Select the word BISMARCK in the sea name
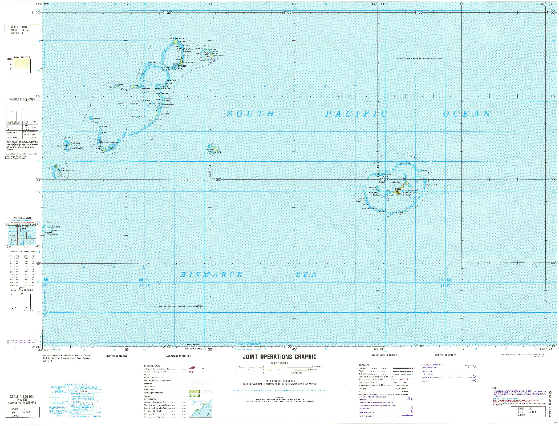pos(212,275)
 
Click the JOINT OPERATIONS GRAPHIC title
pos(279,357)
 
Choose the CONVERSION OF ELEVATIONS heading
pos(22,252)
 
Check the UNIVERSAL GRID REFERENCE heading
pos(75,385)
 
